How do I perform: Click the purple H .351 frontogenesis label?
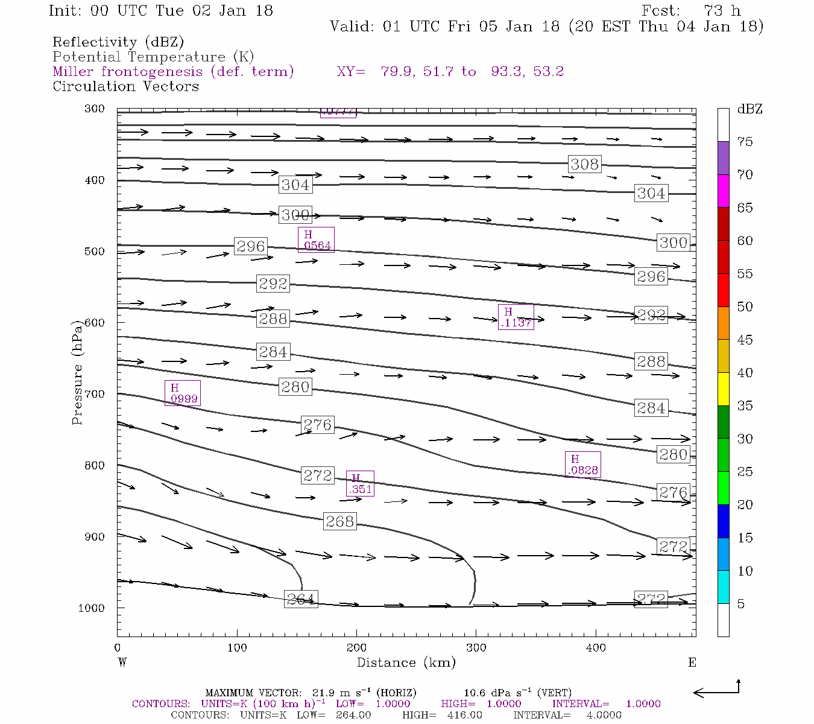pos(360,483)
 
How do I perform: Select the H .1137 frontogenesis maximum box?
pos(516,317)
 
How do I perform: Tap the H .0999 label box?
pos(182,393)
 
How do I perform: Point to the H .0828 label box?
pos(582,465)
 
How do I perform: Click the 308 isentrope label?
pos(584,164)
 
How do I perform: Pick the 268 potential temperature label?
pos(339,521)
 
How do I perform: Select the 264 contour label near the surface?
pos(300,599)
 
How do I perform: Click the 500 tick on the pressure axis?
pos(94,252)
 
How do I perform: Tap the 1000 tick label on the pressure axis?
pos(92,608)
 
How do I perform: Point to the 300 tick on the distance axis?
pos(476,648)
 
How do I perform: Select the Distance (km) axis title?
pos(406,662)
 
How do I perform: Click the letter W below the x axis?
pos(122,662)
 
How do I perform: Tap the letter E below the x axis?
pos(692,662)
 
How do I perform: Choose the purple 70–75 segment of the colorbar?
pos(723,158)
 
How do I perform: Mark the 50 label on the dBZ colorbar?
pos(745,307)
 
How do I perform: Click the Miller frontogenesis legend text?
pos(173,72)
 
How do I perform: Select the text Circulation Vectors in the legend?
pos(125,86)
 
